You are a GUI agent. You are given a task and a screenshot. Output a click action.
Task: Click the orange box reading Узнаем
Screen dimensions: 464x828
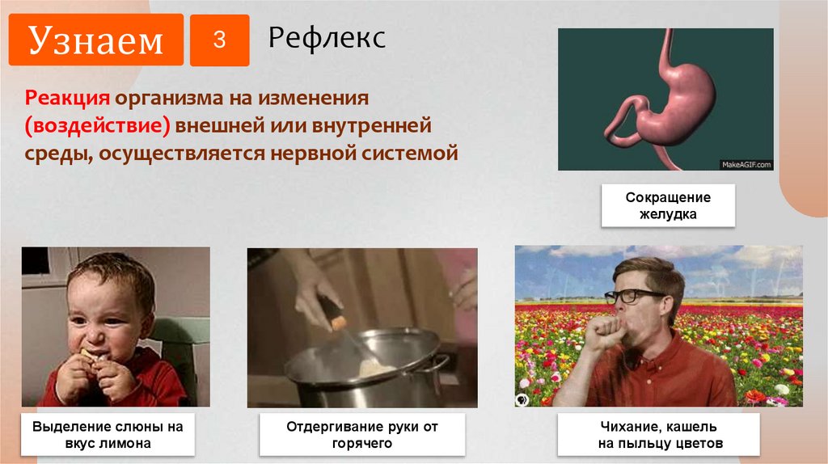tap(96, 40)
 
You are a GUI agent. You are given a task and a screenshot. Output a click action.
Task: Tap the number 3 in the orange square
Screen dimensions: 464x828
tap(219, 40)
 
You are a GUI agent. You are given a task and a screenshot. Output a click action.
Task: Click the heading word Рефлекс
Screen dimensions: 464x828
tap(327, 37)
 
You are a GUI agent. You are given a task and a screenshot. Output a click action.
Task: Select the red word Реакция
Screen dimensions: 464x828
tap(67, 99)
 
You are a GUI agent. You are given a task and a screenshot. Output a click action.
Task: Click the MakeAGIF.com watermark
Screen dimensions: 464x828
tap(746, 164)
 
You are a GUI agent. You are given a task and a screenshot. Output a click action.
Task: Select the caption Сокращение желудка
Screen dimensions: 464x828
tap(667, 206)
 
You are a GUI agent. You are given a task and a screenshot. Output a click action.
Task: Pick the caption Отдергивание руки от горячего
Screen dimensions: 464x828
tap(362, 435)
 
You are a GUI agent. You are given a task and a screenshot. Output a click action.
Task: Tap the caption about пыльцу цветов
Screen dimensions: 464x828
tap(658, 435)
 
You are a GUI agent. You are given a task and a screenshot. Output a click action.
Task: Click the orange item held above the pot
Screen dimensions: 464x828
tap(340, 323)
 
